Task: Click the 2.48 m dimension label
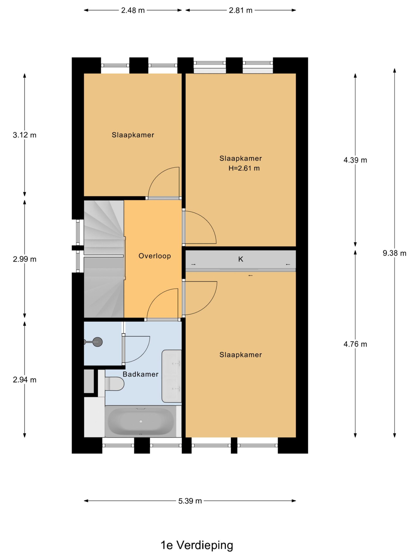(133, 10)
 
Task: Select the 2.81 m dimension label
(240, 10)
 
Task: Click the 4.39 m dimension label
(355, 160)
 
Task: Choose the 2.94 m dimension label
(24, 380)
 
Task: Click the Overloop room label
(155, 256)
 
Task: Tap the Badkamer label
(140, 374)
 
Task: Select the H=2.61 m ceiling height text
(244, 168)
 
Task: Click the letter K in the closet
(241, 259)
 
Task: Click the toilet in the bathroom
(114, 384)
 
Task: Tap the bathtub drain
(141, 421)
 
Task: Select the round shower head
(98, 342)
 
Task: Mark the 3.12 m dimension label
(24, 135)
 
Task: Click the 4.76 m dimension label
(355, 344)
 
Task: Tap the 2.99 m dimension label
(24, 259)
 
